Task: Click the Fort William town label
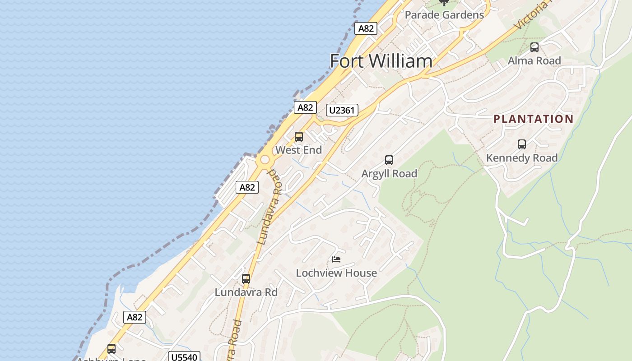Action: pyautogui.click(x=381, y=61)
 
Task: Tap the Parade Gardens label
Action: pyautogui.click(x=444, y=15)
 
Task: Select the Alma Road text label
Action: pyautogui.click(x=534, y=60)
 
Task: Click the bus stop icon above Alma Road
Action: pyautogui.click(x=534, y=47)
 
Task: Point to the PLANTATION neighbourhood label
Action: pyautogui.click(x=533, y=119)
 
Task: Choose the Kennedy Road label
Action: pyautogui.click(x=522, y=158)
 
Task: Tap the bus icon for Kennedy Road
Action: pyautogui.click(x=522, y=144)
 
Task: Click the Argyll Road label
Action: pyautogui.click(x=389, y=173)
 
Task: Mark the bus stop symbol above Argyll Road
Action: pyautogui.click(x=389, y=160)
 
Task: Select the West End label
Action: pyautogui.click(x=298, y=150)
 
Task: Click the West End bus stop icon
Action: pyautogui.click(x=298, y=137)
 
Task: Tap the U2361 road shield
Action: pyautogui.click(x=342, y=110)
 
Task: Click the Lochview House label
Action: pyautogui.click(x=336, y=273)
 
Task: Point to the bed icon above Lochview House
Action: pyautogui.click(x=336, y=259)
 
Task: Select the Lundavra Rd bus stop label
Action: pyautogui.click(x=246, y=292)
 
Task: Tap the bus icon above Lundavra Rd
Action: pyautogui.click(x=246, y=279)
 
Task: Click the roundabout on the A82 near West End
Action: pyautogui.click(x=264, y=160)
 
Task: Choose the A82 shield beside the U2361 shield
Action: pyautogui.click(x=305, y=107)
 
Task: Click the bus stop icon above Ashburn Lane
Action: pyautogui.click(x=111, y=349)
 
